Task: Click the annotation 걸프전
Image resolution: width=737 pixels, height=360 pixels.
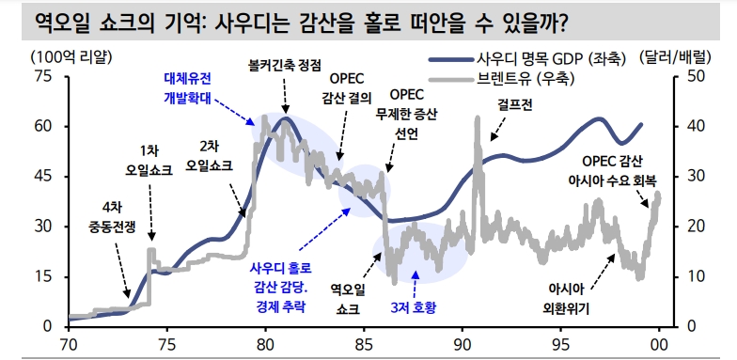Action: (x=514, y=105)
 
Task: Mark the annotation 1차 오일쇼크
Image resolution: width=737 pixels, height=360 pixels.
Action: (x=150, y=162)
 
